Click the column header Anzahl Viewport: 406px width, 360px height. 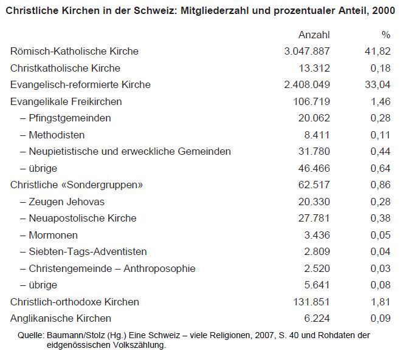point(314,35)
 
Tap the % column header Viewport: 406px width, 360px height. point(385,35)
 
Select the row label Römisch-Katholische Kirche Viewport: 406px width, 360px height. point(75,52)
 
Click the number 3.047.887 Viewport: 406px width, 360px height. point(307,52)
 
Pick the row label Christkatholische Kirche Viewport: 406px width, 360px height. point(66,68)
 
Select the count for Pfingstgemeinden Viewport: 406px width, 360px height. point(315,118)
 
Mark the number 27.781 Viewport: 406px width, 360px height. point(315,218)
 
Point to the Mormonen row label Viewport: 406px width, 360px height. point(53,235)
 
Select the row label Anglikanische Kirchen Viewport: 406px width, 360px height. point(61,318)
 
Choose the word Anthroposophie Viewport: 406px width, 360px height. point(158,268)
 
